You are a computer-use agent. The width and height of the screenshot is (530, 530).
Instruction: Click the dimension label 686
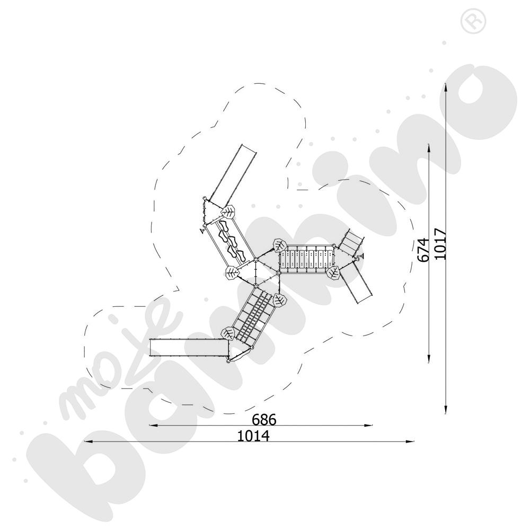pyautogui.click(x=264, y=419)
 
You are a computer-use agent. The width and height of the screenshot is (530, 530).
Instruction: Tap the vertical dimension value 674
pyautogui.click(x=423, y=250)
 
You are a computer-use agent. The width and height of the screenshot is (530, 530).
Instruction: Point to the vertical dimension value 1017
pyautogui.click(x=440, y=244)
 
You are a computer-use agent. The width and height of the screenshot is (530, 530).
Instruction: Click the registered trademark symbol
pyautogui.click(x=473, y=22)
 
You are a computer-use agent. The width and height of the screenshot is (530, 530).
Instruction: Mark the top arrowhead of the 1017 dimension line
pyautogui.click(x=446, y=87)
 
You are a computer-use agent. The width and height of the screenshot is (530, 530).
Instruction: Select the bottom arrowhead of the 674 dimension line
pyautogui.click(x=429, y=358)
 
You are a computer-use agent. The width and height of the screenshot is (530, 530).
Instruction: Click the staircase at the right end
pyautogui.click(x=351, y=242)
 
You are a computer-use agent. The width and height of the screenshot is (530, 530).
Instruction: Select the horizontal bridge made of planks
pyautogui.click(x=307, y=259)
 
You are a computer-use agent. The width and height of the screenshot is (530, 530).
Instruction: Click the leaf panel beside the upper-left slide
pyautogui.click(x=228, y=213)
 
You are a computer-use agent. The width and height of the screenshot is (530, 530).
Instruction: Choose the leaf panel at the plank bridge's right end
pyautogui.click(x=333, y=272)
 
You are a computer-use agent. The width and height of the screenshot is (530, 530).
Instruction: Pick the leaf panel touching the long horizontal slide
pyautogui.click(x=228, y=333)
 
